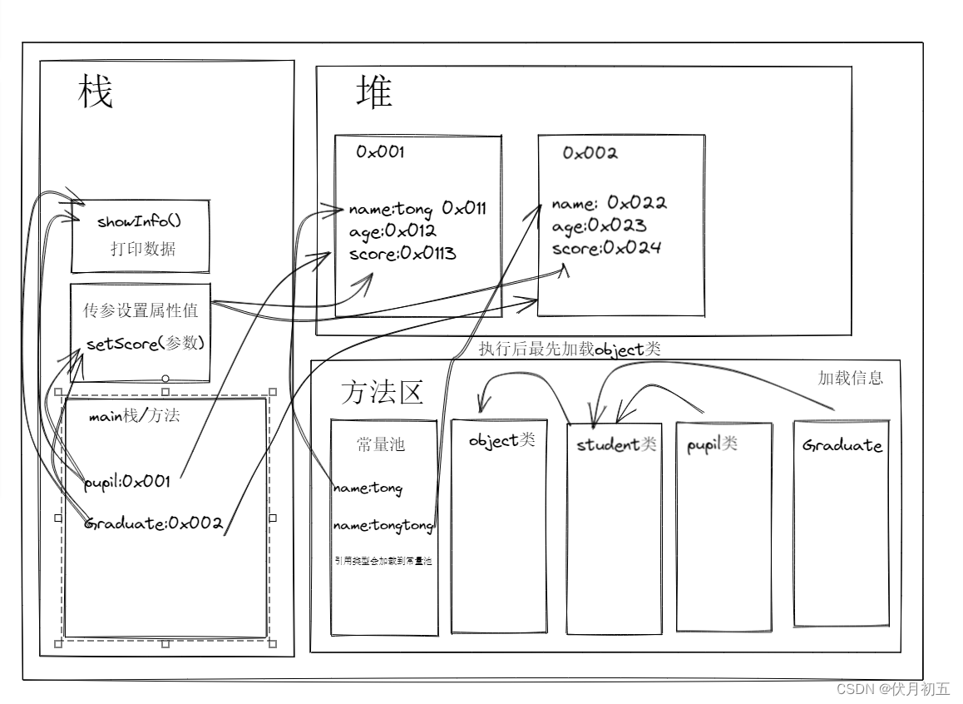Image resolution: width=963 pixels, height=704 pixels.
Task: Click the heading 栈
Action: (x=96, y=92)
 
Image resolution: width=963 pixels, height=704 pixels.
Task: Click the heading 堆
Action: (x=374, y=92)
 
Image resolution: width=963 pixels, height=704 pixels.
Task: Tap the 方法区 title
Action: (x=382, y=392)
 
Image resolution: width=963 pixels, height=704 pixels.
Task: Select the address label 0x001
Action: (x=380, y=152)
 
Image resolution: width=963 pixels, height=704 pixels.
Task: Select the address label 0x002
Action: (x=590, y=153)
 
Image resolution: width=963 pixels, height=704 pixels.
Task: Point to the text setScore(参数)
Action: (x=145, y=344)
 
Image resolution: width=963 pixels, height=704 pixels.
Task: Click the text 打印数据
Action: (x=142, y=249)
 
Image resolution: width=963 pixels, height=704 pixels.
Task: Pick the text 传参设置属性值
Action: (x=141, y=310)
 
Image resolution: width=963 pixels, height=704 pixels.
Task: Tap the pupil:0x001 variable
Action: (x=127, y=481)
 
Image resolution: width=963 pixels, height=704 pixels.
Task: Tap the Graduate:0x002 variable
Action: (x=155, y=523)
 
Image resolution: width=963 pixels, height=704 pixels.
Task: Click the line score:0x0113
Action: (x=402, y=254)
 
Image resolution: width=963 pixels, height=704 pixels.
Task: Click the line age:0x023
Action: (x=599, y=226)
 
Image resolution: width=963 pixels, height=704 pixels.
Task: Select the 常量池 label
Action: (x=380, y=445)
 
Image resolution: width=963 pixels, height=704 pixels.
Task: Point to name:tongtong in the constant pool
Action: (x=383, y=526)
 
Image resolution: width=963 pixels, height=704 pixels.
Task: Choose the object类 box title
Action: (x=501, y=440)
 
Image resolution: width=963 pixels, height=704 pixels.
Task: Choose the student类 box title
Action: (x=616, y=444)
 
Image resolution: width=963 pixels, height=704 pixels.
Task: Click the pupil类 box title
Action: (x=712, y=444)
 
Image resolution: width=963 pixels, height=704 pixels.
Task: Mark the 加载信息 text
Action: (x=850, y=378)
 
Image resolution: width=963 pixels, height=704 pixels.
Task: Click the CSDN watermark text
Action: (x=892, y=689)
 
